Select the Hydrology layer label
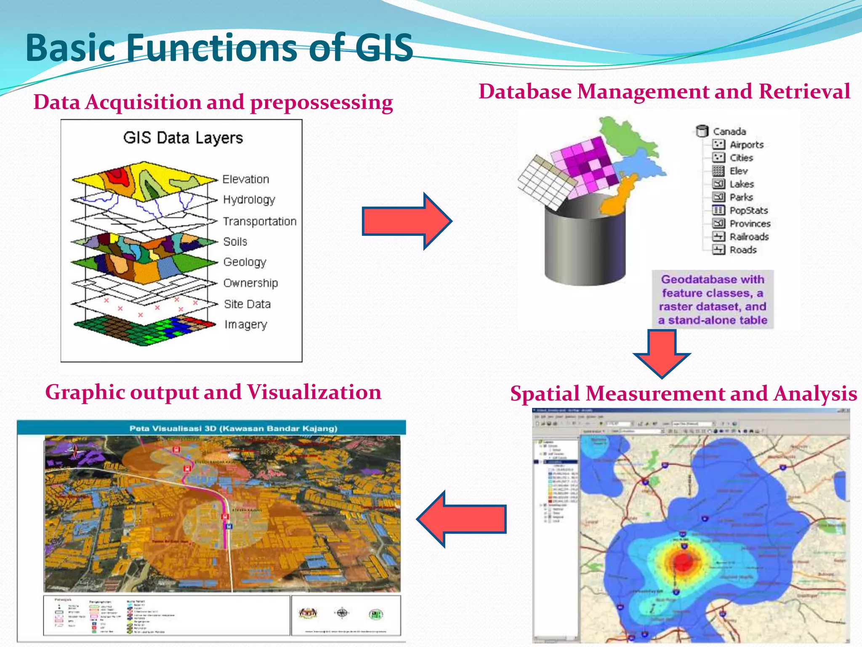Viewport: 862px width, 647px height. coord(249,199)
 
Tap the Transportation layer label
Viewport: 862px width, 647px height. coord(259,221)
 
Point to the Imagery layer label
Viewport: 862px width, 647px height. coord(245,324)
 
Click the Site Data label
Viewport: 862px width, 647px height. coord(247,304)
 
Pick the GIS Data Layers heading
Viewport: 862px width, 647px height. coord(183,138)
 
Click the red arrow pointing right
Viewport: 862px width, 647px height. coord(406,221)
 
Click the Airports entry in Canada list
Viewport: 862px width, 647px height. coord(746,144)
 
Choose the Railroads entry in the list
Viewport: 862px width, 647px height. coord(749,237)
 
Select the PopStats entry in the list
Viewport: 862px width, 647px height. coord(748,210)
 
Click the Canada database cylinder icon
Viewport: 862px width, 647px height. coord(702,131)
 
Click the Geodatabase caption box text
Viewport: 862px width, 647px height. coord(713,299)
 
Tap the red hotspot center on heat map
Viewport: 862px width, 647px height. coord(683,561)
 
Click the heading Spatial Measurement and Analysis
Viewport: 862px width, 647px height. coord(684,393)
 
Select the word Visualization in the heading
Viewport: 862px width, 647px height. coord(314,392)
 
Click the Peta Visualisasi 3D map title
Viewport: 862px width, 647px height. coord(233,428)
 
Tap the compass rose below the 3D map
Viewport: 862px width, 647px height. coord(342,613)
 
